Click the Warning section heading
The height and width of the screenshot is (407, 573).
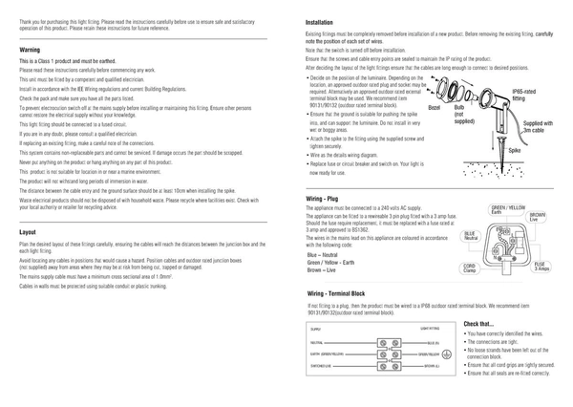click(x=29, y=48)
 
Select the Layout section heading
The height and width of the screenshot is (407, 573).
click(x=28, y=232)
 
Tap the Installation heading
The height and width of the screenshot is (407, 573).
click(x=320, y=21)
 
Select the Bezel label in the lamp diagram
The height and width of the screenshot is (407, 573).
click(x=435, y=109)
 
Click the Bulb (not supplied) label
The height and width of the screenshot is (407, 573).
click(x=464, y=116)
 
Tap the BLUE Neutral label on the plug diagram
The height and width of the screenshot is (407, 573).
click(x=470, y=235)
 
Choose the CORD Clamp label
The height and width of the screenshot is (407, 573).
click(x=470, y=268)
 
